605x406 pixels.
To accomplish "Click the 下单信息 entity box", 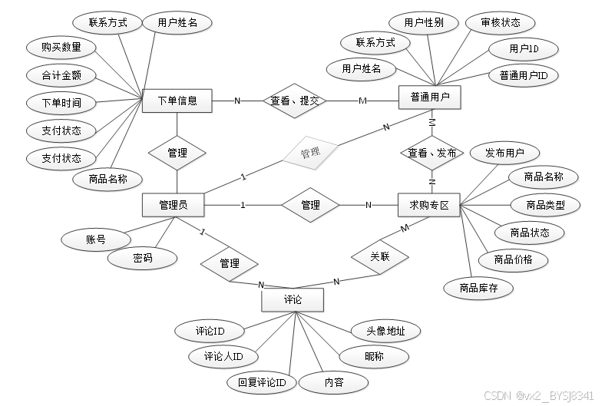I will pyautogui.click(x=177, y=101).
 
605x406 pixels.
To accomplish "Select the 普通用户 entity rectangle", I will pyautogui.click(x=430, y=97).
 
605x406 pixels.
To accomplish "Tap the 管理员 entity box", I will pyautogui.click(x=174, y=205).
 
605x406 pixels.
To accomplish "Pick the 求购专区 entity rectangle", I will pyautogui.click(x=429, y=205).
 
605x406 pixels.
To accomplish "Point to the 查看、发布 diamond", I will pyautogui.click(x=432, y=153).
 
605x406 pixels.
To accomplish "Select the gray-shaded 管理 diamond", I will pyautogui.click(x=310, y=153).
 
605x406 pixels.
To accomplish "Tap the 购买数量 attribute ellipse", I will pyautogui.click(x=61, y=48).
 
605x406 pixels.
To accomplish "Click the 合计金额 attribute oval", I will pyautogui.click(x=61, y=75).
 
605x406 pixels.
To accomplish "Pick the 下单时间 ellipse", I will pyautogui.click(x=61, y=103).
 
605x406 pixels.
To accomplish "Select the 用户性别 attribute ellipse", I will pyautogui.click(x=424, y=22).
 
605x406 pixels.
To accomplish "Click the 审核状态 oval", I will pyautogui.click(x=501, y=22).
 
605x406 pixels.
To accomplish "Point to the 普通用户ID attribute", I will pyautogui.click(x=524, y=75).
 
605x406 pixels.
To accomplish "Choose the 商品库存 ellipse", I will pyautogui.click(x=480, y=288).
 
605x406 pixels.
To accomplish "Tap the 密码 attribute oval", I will pyautogui.click(x=143, y=259).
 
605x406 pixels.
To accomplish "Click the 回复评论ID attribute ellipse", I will pyautogui.click(x=261, y=381).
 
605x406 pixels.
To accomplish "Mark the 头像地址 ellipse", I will pyautogui.click(x=385, y=332).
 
